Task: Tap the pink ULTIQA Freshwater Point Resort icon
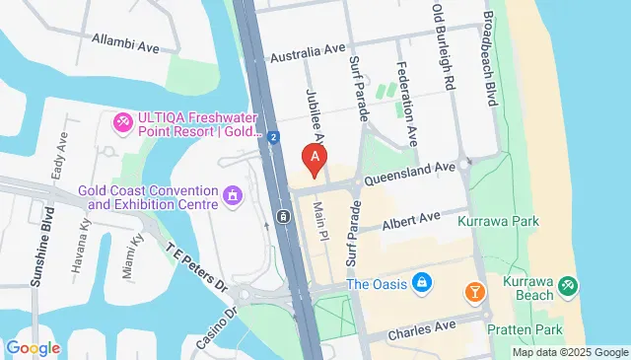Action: pos(123,121)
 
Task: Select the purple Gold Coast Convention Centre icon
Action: pos(233,195)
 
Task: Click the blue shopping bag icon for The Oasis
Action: pos(421,284)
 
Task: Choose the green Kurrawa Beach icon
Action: pos(567,286)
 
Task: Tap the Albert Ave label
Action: pos(412,221)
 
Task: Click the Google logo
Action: pos(33,348)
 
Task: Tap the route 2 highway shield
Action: pos(272,137)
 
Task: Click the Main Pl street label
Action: pos(318,220)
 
